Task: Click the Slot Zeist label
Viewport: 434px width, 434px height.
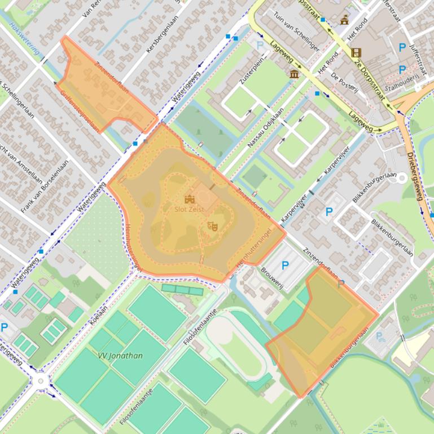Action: pos(189,209)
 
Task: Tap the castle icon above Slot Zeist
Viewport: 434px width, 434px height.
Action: pos(189,199)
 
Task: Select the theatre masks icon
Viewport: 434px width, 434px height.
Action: pos(213,226)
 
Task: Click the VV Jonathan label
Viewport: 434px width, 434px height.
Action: pos(120,356)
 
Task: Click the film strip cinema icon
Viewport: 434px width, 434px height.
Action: pos(356,53)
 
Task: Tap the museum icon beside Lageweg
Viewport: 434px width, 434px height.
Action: pos(294,74)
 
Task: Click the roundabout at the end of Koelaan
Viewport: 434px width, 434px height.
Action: pos(41,382)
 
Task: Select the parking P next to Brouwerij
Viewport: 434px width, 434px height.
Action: pos(285,265)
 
